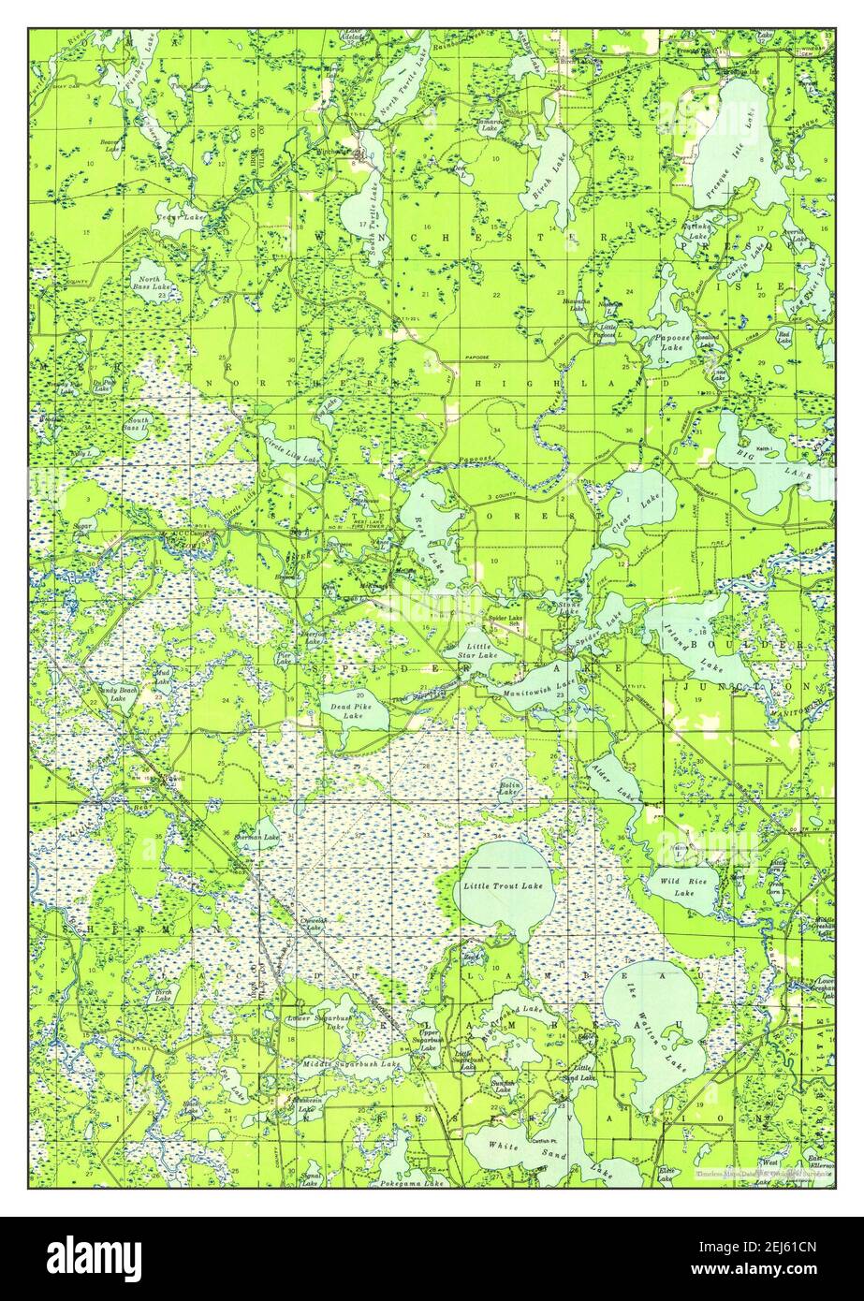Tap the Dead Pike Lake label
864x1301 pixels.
(345, 709)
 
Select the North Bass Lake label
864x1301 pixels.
(148, 284)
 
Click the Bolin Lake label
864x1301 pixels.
(508, 788)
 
